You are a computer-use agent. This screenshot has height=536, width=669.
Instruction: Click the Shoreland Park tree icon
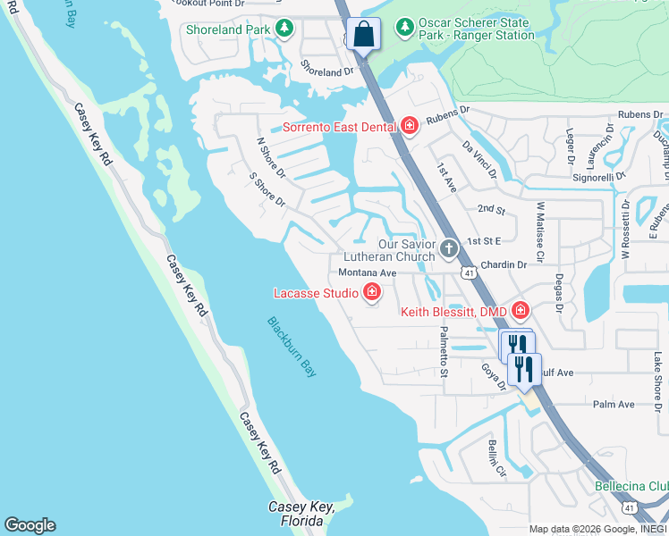point(284,29)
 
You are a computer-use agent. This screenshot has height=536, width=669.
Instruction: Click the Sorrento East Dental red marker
point(409,126)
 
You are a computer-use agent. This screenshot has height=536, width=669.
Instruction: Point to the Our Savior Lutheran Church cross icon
point(449,248)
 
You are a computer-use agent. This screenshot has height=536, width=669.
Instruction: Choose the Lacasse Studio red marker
point(371,292)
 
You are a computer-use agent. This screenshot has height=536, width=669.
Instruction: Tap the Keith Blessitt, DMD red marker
point(520,311)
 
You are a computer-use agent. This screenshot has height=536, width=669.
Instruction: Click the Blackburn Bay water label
point(292,347)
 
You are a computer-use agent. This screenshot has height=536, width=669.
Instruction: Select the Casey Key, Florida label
point(301,513)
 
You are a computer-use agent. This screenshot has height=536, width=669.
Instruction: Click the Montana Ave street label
point(367,272)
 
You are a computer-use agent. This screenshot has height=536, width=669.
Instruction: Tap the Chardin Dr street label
point(504,264)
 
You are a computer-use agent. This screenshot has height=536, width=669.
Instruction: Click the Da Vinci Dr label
point(478,158)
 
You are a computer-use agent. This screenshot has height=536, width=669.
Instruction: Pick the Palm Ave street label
point(614,405)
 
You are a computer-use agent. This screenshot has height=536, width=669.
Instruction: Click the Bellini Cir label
point(497,457)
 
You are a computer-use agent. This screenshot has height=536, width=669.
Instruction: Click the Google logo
point(30,525)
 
